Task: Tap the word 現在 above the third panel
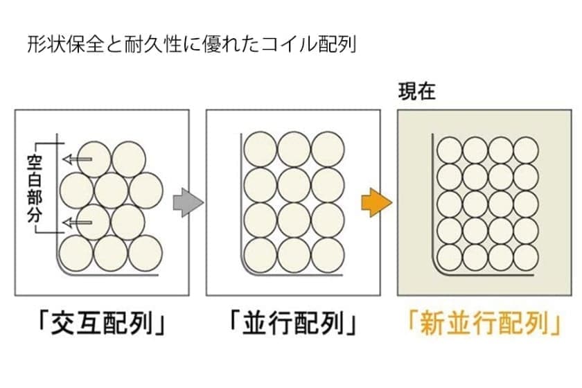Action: tap(416, 91)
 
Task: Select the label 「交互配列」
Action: tap(103, 324)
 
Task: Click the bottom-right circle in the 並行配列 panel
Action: tap(328, 255)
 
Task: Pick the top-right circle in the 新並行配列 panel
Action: tap(526, 150)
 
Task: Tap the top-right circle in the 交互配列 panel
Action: tap(129, 159)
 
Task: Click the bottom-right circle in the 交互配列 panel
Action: tap(145, 253)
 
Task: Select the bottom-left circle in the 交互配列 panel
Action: tap(77, 253)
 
